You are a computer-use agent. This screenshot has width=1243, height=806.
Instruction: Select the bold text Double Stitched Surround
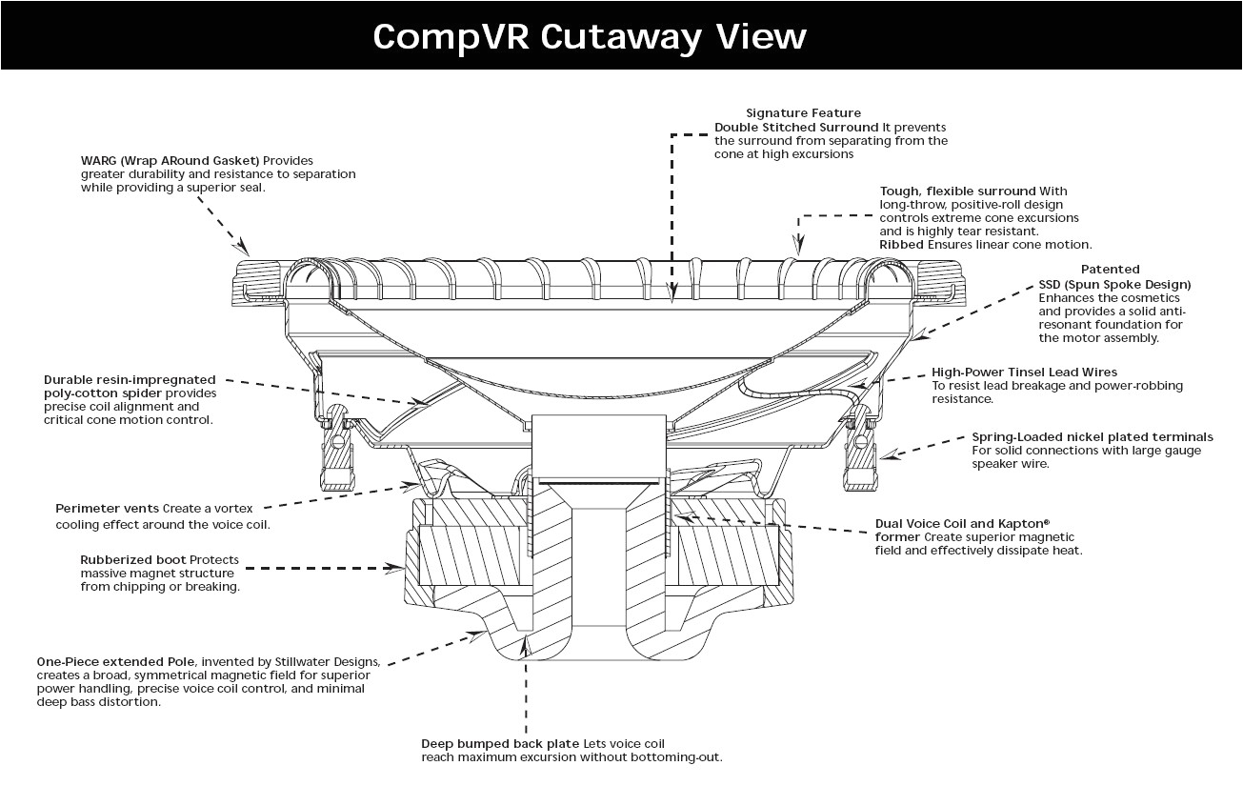(x=796, y=127)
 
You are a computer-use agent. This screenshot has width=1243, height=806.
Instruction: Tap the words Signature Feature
(x=803, y=113)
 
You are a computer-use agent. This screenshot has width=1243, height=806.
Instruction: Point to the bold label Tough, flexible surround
(x=957, y=191)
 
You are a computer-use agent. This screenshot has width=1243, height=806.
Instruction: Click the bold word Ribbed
(x=901, y=245)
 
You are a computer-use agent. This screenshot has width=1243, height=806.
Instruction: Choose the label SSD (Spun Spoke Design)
(x=1114, y=285)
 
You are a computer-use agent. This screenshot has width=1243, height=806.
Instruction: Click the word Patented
(x=1110, y=270)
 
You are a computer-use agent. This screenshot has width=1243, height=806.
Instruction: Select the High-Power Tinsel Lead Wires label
(x=1025, y=372)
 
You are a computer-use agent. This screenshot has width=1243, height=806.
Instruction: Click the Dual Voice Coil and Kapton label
(x=962, y=523)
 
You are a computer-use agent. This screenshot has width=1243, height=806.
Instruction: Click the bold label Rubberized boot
(x=132, y=559)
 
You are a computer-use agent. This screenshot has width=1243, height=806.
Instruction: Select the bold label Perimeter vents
(x=107, y=509)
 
